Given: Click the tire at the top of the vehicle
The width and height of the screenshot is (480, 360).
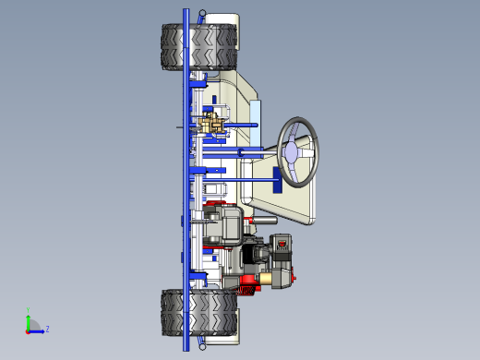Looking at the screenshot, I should click(x=199, y=47).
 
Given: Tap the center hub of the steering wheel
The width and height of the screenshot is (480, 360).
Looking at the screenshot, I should click(x=291, y=150).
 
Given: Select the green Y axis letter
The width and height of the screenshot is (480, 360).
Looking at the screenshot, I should click(x=30, y=310).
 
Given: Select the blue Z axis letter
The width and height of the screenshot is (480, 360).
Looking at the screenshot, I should click(x=47, y=328).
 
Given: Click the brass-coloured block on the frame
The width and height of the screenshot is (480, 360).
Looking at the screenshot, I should click(x=211, y=123).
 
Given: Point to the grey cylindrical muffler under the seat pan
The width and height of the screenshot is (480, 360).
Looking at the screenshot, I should click(x=264, y=221).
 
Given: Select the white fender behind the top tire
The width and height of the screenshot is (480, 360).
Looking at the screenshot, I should click(x=222, y=18).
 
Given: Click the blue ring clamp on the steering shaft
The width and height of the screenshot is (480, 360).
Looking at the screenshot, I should click(x=242, y=151).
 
